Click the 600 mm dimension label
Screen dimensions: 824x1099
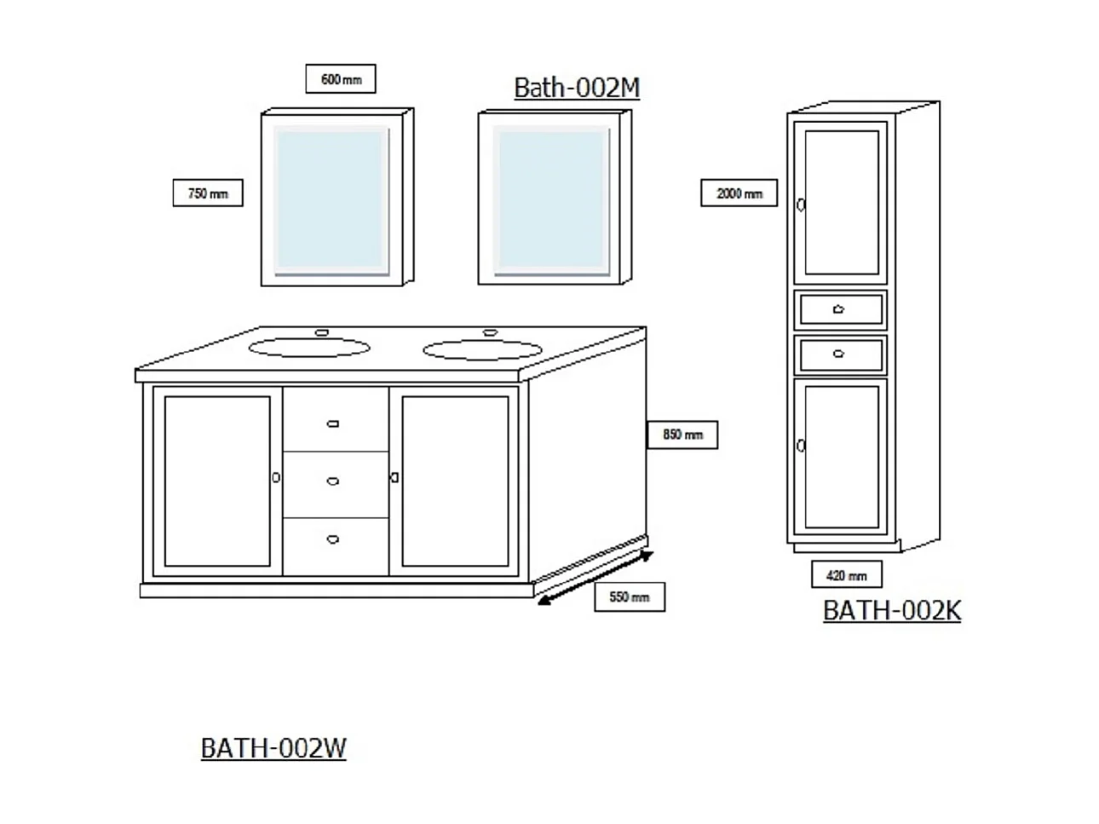pos(341,79)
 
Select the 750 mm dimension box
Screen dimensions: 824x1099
pos(207,193)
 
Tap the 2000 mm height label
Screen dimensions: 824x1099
pos(739,193)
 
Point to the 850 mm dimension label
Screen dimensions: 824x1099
pos(682,435)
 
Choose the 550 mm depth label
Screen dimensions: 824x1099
pos(630,597)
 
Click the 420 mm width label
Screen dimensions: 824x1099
pos(846,575)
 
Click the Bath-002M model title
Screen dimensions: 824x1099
pos(577,88)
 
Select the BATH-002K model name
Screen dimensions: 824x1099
pos(891,610)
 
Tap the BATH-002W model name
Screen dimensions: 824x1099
pos(273,747)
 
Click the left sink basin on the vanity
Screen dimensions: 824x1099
pos(310,347)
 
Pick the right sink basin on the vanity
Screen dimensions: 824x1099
pos(483,349)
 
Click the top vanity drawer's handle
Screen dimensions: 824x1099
pos(333,424)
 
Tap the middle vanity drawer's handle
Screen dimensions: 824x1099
pos(333,481)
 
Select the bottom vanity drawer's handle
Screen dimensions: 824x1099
pos(333,538)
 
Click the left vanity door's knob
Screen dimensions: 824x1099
pos(276,478)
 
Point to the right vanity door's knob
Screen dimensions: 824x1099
pos(394,478)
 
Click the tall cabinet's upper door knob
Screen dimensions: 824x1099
pos(801,205)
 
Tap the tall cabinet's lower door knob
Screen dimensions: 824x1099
pos(801,446)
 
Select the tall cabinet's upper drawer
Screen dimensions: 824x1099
pos(840,309)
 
